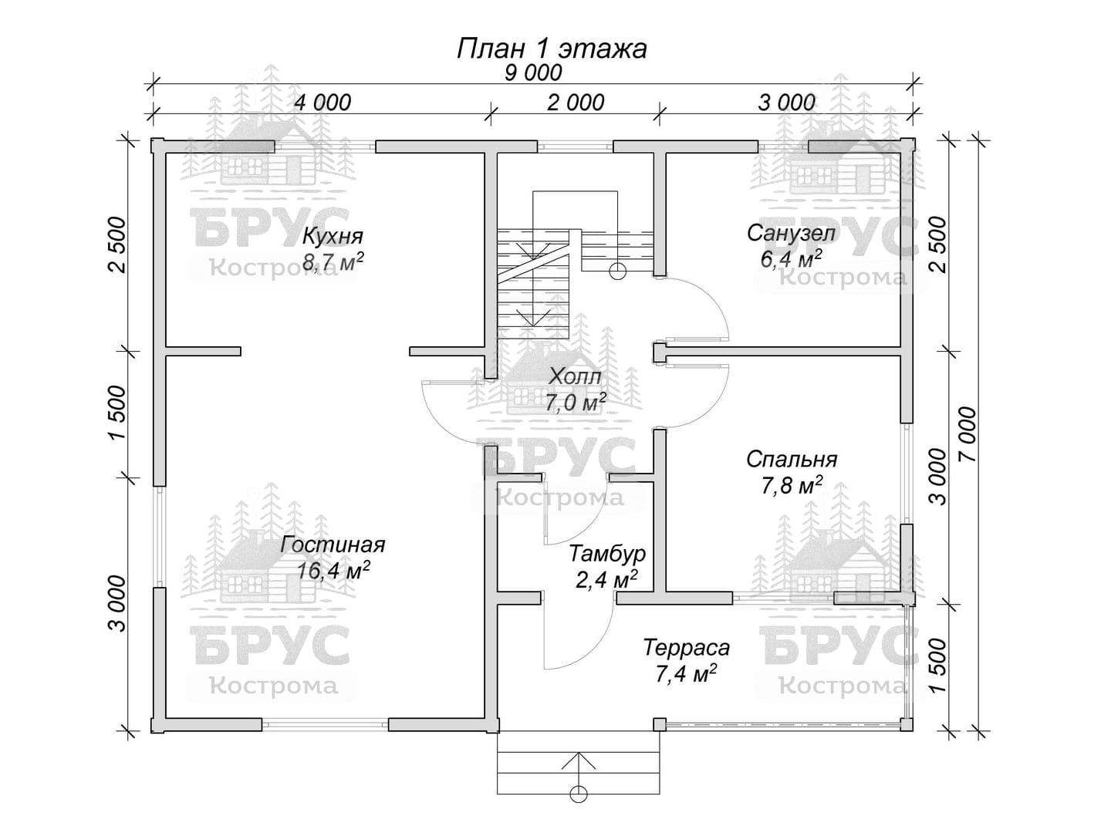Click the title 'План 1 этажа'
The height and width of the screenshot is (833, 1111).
pos(552,50)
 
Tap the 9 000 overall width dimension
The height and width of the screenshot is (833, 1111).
pos(533,73)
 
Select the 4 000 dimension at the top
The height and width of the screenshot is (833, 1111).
pos(322,103)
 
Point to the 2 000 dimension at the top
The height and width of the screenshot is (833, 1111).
pos(576,103)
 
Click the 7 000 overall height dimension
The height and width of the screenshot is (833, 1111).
pos(967,434)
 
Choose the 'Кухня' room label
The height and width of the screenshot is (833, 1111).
pos(333,236)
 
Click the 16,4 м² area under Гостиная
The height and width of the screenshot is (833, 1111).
pos(333,570)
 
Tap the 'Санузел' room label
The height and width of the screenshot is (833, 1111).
pos(791,233)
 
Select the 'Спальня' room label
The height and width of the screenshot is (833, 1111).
pos(792,459)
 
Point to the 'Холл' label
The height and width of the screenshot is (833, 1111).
pos(576,376)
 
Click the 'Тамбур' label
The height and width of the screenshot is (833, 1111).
pos(607,554)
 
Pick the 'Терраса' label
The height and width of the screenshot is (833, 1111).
pos(687,647)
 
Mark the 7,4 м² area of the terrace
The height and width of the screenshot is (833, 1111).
pos(687,673)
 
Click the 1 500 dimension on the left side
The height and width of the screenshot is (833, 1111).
pos(117,413)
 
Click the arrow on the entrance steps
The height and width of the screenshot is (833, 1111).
pos(579,770)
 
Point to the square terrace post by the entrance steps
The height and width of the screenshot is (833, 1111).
pos(659,725)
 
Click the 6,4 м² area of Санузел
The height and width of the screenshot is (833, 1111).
pos(791,259)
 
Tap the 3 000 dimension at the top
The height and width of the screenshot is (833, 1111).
pos(786,103)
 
